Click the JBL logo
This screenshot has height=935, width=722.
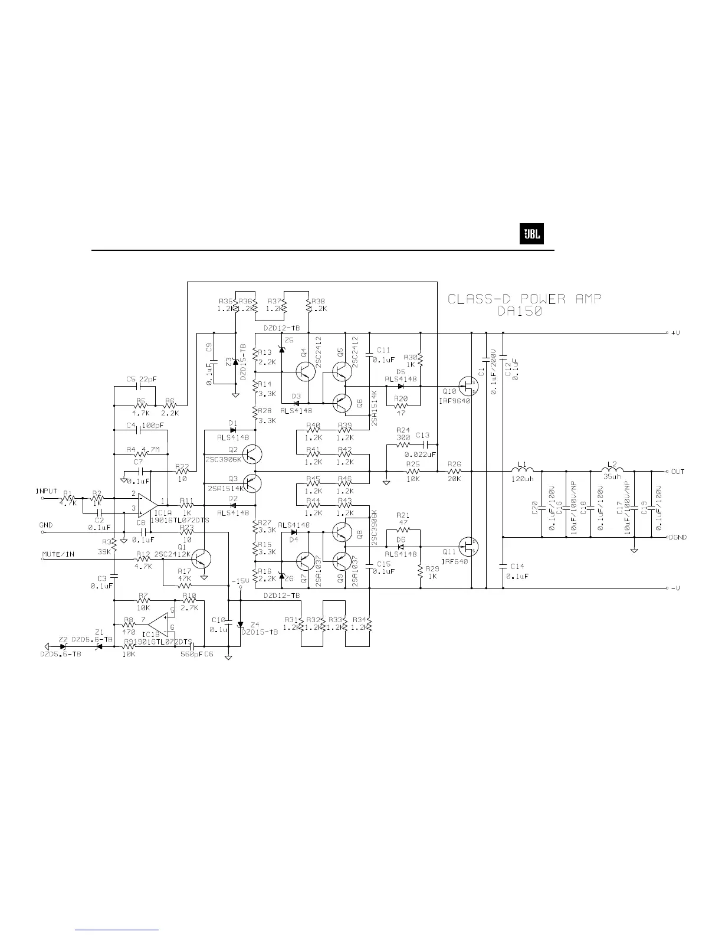coord(530,236)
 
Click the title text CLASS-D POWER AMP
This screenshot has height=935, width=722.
coord(525,299)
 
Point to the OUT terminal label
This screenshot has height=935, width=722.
coord(678,472)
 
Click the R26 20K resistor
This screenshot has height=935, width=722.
coord(454,472)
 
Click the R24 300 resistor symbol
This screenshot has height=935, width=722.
coord(403,443)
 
